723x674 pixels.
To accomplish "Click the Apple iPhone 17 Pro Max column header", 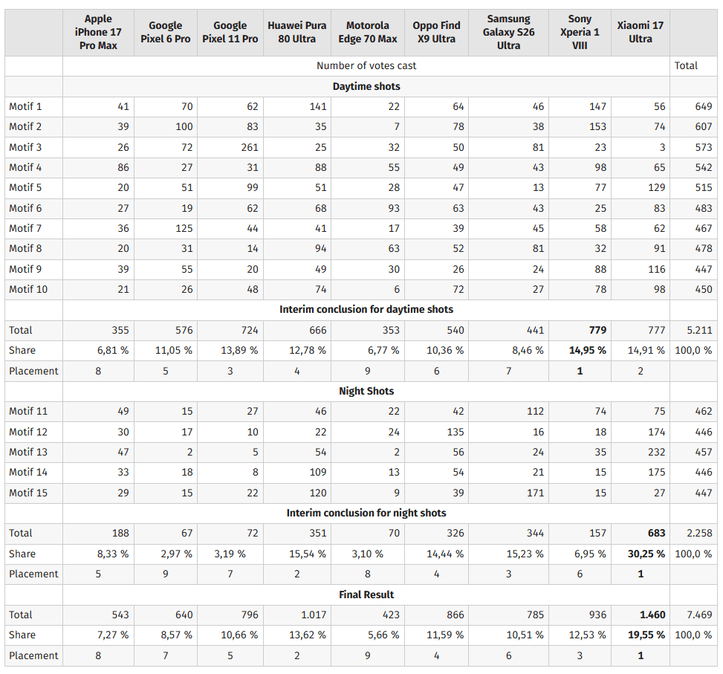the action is pyautogui.click(x=98, y=32).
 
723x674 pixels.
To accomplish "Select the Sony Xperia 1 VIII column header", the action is pyautogui.click(x=580, y=32).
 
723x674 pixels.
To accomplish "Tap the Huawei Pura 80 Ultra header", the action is pyautogui.click(x=297, y=32).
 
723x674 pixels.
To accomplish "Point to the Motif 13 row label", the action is pyautogui.click(x=28, y=452).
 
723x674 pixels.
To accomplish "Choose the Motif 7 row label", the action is pyautogui.click(x=25, y=228).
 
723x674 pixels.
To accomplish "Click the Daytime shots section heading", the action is pyautogui.click(x=366, y=86).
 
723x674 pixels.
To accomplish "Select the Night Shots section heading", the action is pyautogui.click(x=366, y=391).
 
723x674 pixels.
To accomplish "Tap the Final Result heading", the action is pyautogui.click(x=366, y=594).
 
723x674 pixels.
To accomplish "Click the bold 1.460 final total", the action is pyautogui.click(x=652, y=615).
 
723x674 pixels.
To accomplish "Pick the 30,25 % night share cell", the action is pyautogui.click(x=646, y=554).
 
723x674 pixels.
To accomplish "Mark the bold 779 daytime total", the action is pyautogui.click(x=597, y=330).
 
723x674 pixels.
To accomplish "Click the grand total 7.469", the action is pyautogui.click(x=699, y=615).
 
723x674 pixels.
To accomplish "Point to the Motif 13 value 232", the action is pyautogui.click(x=656, y=452).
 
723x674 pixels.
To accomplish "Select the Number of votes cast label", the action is pyautogui.click(x=366, y=65).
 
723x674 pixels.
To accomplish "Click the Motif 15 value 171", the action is pyautogui.click(x=535, y=493).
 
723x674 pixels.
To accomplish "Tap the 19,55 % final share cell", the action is pyautogui.click(x=646, y=635).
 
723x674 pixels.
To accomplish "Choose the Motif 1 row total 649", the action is pyautogui.click(x=704, y=106).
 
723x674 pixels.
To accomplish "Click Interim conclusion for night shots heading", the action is pyautogui.click(x=366, y=513).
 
